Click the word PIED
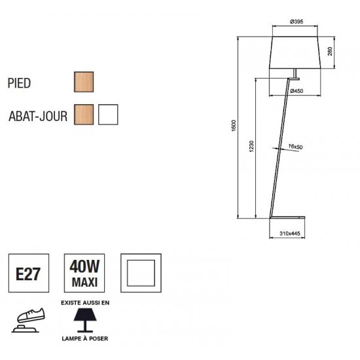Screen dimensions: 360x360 19,83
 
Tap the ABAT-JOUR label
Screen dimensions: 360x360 38,116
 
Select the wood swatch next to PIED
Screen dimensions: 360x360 84,82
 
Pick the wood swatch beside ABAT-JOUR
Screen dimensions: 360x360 84,115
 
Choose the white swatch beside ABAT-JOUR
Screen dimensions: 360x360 108,115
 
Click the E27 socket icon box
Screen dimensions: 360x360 29,273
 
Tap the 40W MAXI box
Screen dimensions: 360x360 84,273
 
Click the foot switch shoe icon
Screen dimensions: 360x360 28,320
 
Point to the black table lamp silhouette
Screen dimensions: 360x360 85,320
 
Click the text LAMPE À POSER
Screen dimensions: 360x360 85,338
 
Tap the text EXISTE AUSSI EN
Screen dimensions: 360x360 85,303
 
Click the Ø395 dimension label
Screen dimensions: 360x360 297,22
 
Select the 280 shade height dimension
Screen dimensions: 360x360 330,51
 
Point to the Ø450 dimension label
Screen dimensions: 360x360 297,91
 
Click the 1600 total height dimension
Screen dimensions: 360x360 234,126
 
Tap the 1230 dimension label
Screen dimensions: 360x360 251,146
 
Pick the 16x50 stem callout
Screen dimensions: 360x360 295,147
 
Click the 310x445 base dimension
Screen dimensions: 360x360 290,234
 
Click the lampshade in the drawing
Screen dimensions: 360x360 295,52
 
